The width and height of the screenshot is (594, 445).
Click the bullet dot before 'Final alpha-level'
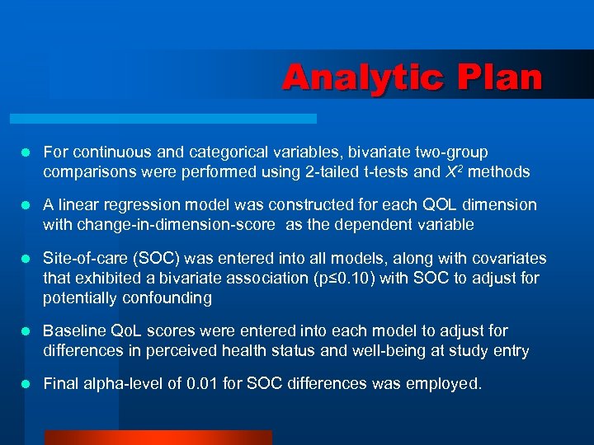pyautogui.click(x=26, y=383)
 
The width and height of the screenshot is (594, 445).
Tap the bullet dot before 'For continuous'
pyautogui.click(x=26, y=152)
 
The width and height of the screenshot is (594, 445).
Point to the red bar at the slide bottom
pyautogui.click(x=158, y=438)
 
